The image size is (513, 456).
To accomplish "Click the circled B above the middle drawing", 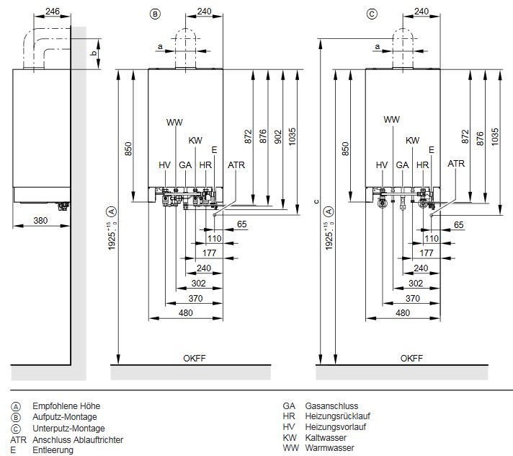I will (153, 13).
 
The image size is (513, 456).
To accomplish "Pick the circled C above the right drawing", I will (371, 13).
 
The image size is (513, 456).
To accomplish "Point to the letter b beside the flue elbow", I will (92, 54).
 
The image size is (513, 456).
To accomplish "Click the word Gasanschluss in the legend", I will (331, 406).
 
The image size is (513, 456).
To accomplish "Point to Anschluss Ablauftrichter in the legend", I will (78, 439).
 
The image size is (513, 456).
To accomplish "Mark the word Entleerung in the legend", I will (53, 450).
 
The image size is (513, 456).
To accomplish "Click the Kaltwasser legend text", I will (326, 438).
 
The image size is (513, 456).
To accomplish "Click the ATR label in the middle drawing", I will (236, 165).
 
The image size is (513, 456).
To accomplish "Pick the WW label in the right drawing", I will (391, 119).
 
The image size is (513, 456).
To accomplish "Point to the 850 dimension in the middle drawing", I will (127, 149).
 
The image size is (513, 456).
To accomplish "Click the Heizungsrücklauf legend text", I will (336, 417).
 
